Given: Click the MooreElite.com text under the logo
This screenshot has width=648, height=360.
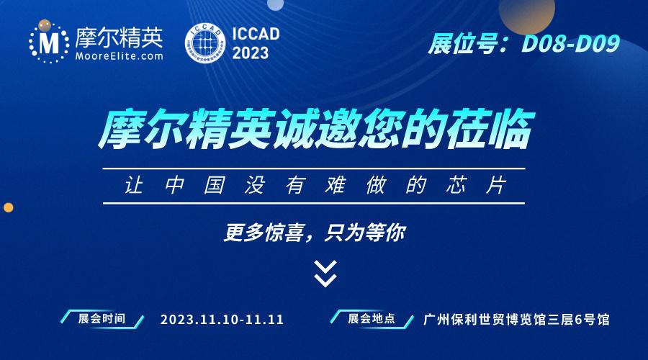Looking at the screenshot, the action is pos(119,56).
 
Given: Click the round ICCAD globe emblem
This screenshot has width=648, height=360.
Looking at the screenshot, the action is pos(205,43).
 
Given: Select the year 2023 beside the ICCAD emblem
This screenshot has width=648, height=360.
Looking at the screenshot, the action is pos(251,53).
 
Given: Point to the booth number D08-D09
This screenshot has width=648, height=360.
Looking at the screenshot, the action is pos(571,44).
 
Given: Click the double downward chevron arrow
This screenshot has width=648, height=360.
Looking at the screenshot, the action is pos(325,274).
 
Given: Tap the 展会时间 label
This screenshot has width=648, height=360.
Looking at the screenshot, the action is pos(102,319).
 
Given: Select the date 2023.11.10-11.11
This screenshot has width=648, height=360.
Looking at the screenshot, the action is pos(222,320).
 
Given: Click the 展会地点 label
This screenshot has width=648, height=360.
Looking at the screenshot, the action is pos(371,318).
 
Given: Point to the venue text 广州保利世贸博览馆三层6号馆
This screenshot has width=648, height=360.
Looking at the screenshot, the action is pos(516,320).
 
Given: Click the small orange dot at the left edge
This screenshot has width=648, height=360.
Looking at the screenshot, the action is pos(8,207).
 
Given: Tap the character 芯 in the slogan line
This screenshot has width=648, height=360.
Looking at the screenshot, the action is pos(456,185).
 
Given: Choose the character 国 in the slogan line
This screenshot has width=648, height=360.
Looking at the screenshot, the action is pos(215,185).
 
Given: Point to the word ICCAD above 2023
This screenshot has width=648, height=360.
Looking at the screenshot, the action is pos(256,34).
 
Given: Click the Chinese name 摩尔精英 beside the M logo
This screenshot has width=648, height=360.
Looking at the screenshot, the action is pos(119,37).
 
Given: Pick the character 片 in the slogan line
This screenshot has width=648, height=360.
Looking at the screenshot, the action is pos(496,185).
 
